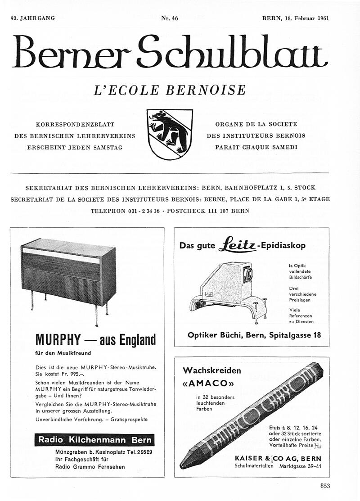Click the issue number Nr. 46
tap(170, 18)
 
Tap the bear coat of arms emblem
tap(170, 134)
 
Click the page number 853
tap(325, 485)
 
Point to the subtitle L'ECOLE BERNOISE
tap(170, 90)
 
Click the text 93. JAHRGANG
tap(32, 18)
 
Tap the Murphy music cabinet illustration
tap(68, 275)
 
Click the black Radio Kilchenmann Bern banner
tap(94, 440)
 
